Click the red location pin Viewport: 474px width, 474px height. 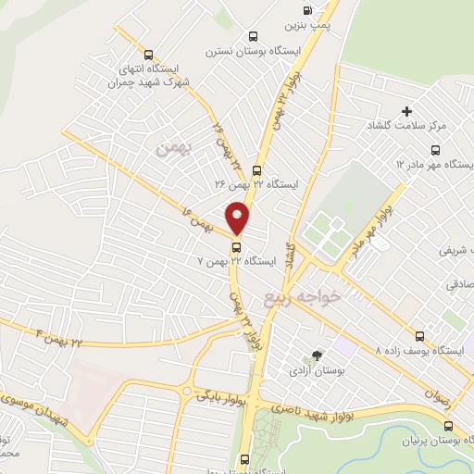click(238, 218)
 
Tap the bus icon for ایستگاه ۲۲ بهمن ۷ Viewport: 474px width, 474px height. click(237, 247)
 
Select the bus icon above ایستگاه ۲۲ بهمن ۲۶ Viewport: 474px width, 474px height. click(256, 170)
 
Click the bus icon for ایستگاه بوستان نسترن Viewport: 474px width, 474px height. click(252, 36)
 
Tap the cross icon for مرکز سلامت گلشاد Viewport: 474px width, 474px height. click(405, 111)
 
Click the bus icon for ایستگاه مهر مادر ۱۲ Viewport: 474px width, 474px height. click(435, 150)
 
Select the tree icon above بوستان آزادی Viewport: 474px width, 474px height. click(317, 355)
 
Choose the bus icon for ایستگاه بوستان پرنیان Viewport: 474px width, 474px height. click(448, 427)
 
